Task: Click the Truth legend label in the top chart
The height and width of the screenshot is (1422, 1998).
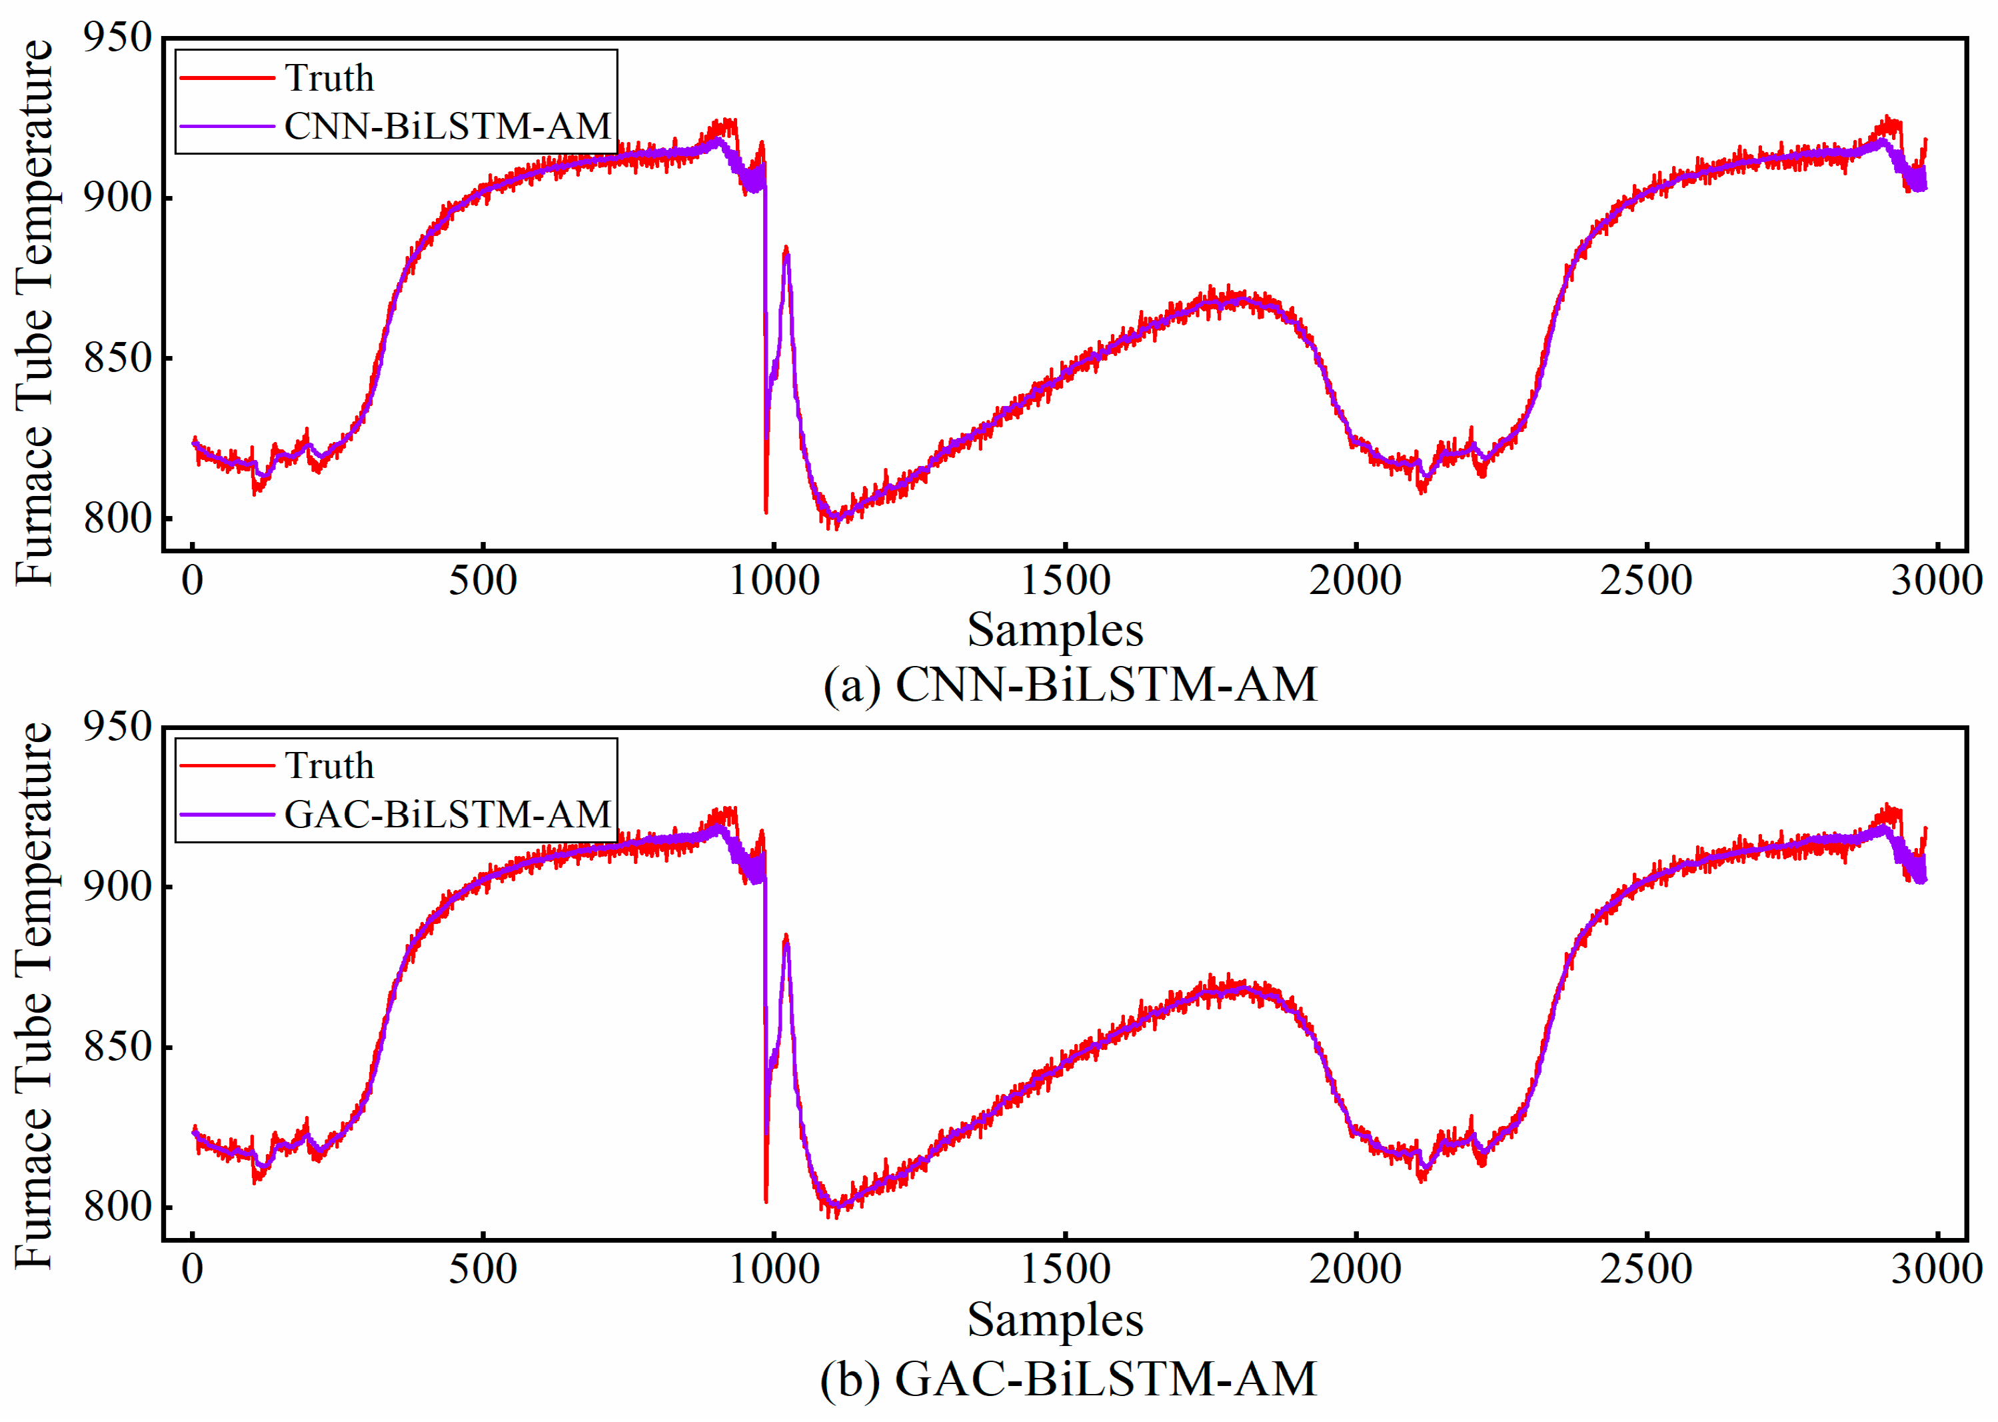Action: point(329,79)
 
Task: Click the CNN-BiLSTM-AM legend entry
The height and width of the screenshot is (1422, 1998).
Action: point(447,127)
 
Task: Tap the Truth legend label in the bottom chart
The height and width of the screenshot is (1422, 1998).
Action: point(329,766)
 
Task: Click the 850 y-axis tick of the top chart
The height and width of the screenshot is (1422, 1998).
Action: point(118,358)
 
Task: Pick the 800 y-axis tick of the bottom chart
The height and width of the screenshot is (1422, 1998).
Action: point(118,1207)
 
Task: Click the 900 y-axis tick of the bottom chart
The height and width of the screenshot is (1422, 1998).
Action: point(118,886)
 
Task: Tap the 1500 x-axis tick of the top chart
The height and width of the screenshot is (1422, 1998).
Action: point(1065,581)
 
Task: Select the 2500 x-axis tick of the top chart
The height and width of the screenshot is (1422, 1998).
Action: point(1646,581)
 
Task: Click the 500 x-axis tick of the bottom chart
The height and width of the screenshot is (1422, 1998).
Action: point(483,1269)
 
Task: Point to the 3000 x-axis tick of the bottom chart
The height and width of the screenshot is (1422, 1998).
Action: point(1936,1269)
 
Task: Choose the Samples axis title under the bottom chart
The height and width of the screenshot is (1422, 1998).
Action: point(1054,1319)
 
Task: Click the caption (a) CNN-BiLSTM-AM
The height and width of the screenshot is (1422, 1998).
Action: point(1070,685)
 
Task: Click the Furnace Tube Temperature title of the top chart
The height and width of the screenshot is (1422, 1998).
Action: point(35,313)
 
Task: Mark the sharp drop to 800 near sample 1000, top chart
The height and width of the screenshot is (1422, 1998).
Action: point(766,511)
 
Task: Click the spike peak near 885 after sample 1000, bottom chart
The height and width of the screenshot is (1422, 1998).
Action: point(786,937)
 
